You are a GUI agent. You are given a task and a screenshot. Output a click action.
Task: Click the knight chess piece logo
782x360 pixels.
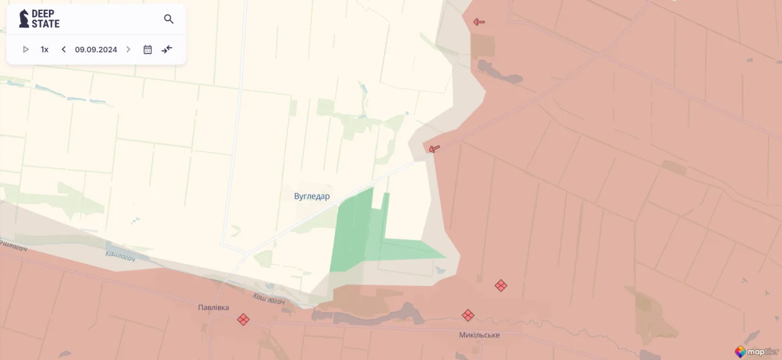pos(24,18)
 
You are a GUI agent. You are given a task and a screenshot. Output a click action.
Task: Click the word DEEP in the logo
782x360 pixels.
pos(43,13)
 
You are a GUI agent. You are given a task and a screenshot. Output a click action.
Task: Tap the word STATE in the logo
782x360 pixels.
pos(46,24)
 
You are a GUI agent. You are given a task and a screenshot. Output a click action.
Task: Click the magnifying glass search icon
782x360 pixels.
pos(169,19)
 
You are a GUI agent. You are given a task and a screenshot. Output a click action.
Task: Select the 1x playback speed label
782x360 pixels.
pos(45,50)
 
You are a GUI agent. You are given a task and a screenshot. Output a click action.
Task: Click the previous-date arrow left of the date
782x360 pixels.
pos(64,50)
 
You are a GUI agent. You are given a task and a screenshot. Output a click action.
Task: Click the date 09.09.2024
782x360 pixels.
pos(96,50)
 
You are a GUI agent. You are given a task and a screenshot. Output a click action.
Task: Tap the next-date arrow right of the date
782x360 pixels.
pos(128,50)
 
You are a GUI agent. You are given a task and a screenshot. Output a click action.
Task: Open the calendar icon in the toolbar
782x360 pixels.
pos(147,50)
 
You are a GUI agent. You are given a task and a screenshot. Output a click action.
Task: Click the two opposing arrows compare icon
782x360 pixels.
pos(167,50)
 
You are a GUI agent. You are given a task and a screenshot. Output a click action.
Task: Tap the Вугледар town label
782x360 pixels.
pos(312,196)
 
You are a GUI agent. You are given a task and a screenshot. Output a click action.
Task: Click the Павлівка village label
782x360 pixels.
pos(213,307)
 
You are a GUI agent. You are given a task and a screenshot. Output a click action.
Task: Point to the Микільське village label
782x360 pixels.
pos(479,335)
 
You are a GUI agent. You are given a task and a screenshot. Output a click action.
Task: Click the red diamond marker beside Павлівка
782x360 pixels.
pos(243,319)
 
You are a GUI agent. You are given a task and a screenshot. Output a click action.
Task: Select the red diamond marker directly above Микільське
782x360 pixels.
pos(468,315)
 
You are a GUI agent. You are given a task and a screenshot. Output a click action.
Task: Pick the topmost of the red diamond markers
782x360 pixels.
pos(501,285)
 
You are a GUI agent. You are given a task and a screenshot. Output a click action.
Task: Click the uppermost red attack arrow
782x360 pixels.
pos(479,22)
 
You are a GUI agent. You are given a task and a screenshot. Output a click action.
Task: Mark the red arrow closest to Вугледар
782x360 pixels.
pos(434,149)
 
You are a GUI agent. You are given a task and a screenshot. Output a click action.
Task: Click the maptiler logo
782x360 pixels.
pos(757,351)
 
